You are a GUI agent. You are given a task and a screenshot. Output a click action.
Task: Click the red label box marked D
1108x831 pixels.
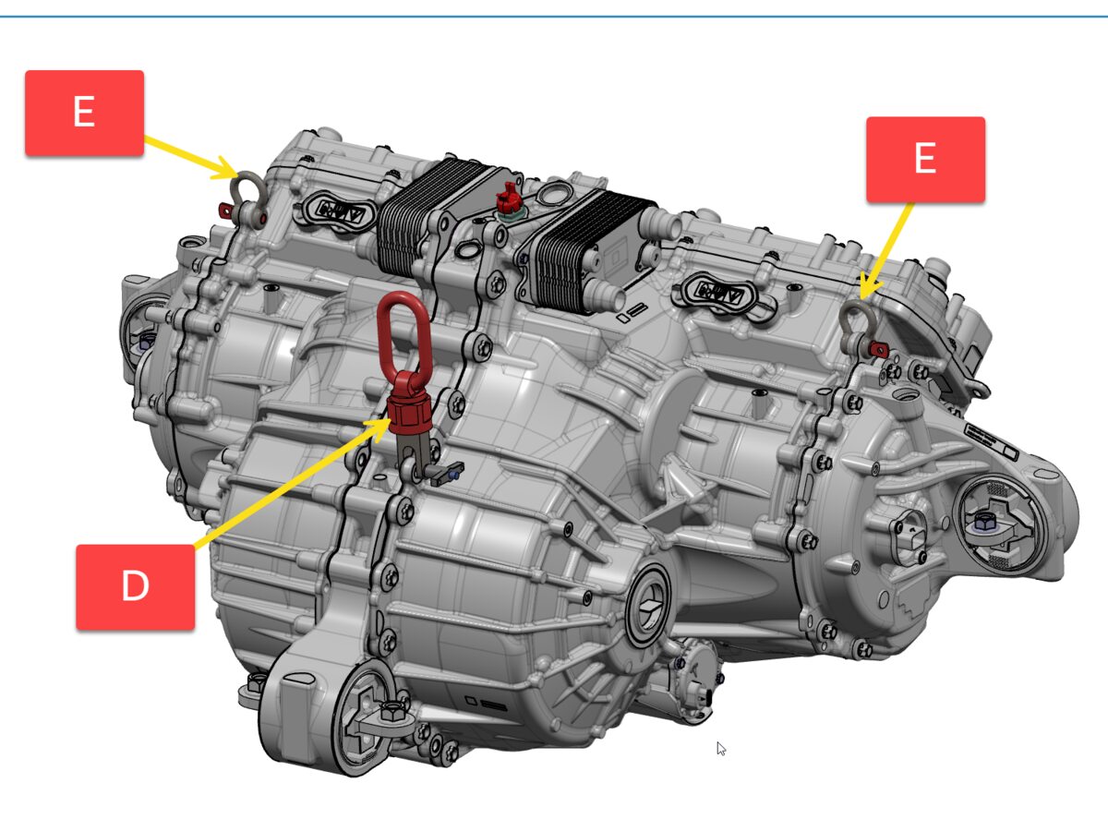[x=136, y=586]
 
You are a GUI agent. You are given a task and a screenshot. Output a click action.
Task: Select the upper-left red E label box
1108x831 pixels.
[x=84, y=113]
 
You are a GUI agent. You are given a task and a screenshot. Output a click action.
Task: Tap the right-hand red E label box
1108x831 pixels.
[x=925, y=160]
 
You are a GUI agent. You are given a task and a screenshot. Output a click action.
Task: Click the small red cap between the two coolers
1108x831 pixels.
[x=508, y=199]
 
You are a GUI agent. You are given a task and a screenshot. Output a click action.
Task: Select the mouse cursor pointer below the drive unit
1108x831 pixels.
[x=721, y=749]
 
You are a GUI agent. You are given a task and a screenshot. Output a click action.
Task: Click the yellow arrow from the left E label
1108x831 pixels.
[x=191, y=156]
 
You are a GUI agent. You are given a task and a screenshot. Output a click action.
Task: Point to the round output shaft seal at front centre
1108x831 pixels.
[x=647, y=605]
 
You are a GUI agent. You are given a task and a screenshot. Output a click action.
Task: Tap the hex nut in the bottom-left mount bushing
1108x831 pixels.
[x=391, y=711]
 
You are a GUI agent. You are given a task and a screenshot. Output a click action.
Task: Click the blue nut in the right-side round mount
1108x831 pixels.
[x=982, y=523]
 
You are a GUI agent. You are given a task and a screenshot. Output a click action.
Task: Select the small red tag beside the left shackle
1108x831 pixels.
[x=225, y=209]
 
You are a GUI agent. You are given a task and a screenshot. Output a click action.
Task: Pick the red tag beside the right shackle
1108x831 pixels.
[x=878, y=349]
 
